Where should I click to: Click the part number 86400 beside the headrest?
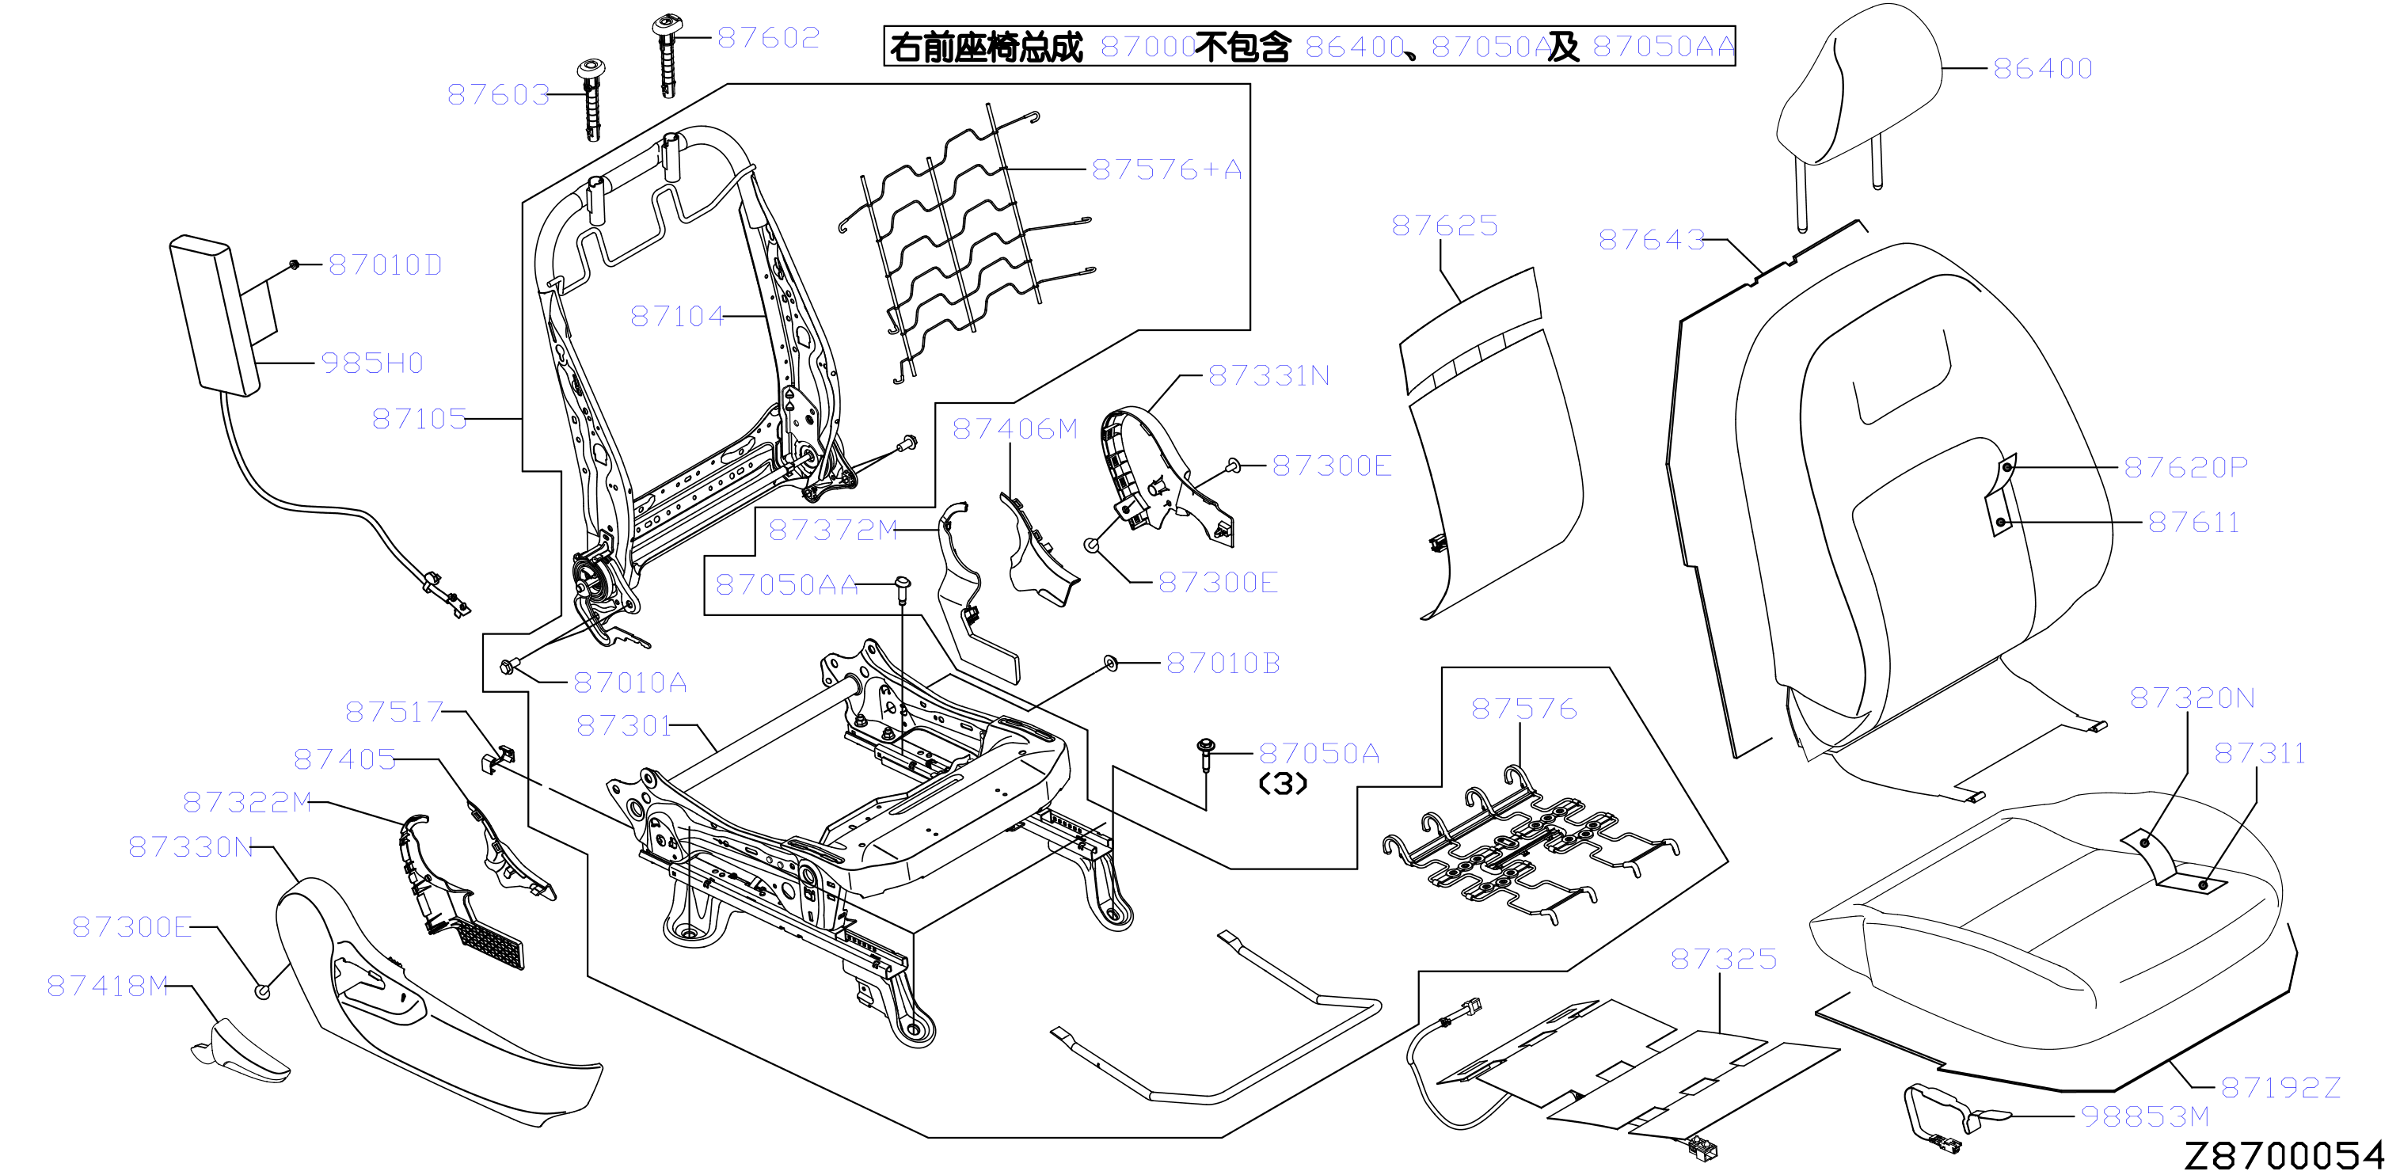(2042, 68)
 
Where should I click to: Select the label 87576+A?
(1166, 169)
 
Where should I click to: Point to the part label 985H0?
(371, 363)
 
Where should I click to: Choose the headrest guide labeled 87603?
(591, 99)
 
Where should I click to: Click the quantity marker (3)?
(1283, 784)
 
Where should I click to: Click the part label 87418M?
(108, 986)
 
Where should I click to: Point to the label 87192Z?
(2280, 1087)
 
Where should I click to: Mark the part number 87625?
(1444, 226)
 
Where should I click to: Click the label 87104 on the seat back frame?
(676, 317)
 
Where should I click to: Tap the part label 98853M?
(2145, 1116)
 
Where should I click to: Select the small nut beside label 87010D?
(295, 264)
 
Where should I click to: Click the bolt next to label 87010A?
(508, 666)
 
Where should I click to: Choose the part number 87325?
(1724, 959)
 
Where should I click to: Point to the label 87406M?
(1014, 428)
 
